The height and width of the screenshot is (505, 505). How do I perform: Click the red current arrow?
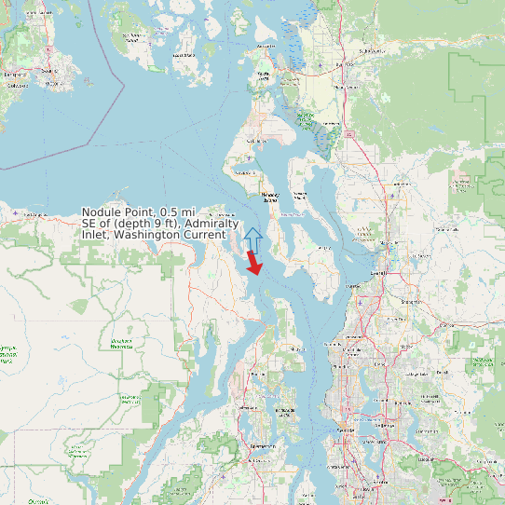(x=253, y=263)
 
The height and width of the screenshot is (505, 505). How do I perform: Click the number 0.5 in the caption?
(x=171, y=212)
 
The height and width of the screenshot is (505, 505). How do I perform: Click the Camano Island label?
(x=300, y=195)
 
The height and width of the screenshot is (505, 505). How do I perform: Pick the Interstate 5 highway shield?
(x=348, y=134)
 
